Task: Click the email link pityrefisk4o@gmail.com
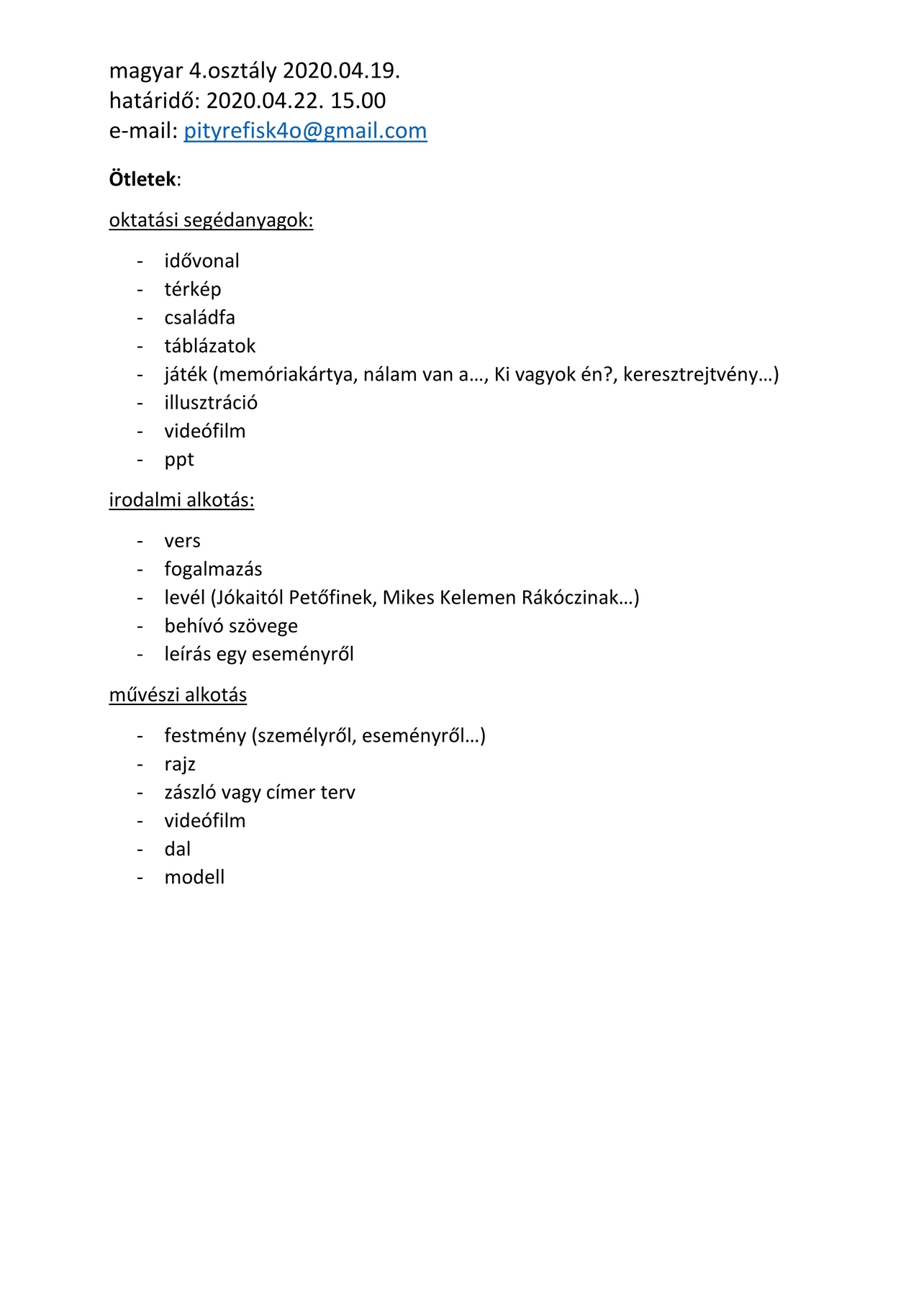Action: pyautogui.click(x=305, y=131)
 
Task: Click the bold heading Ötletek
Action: pyautogui.click(x=142, y=179)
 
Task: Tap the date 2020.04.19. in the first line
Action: pyautogui.click(x=341, y=71)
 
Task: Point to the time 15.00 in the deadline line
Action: pyautogui.click(x=358, y=101)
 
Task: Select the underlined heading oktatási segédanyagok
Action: pyautogui.click(x=211, y=220)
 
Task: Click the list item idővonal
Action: pyautogui.click(x=201, y=261)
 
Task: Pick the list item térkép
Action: pyautogui.click(x=192, y=289)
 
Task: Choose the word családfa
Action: pyautogui.click(x=199, y=318)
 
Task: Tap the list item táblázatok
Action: pyautogui.click(x=209, y=346)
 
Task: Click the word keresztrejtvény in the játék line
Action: pyautogui.click(x=690, y=375)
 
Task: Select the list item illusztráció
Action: pyautogui.click(x=210, y=403)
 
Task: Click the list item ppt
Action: pyautogui.click(x=179, y=460)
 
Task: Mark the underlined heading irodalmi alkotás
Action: pyautogui.click(x=181, y=500)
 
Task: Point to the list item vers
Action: pyautogui.click(x=182, y=541)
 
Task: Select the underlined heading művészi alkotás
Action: pyautogui.click(x=178, y=695)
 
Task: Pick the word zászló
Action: pyautogui.click(x=190, y=793)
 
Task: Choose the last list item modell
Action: pyautogui.click(x=194, y=878)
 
